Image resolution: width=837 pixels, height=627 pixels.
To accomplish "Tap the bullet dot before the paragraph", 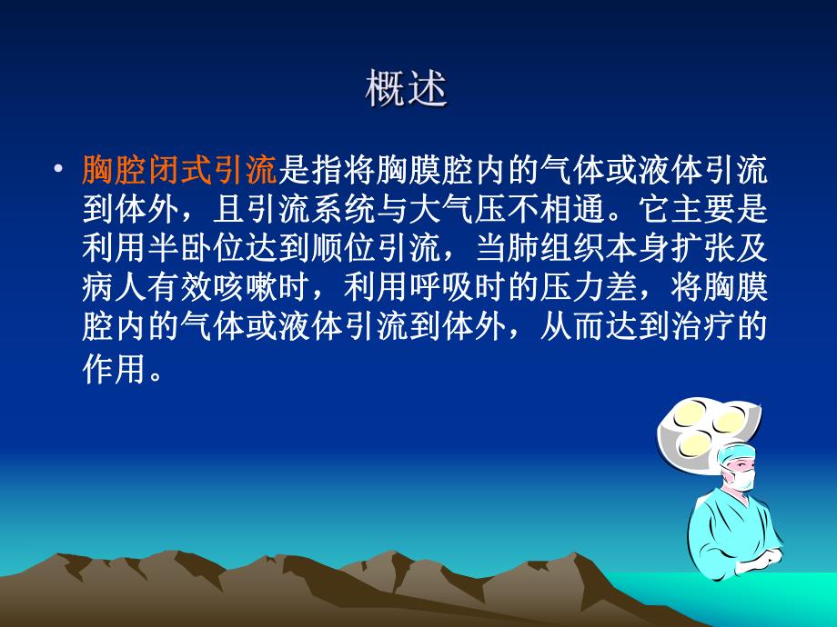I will pyautogui.click(x=59, y=170).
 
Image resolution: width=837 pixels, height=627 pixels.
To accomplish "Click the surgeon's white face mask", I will pyautogui.click(x=742, y=480).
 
